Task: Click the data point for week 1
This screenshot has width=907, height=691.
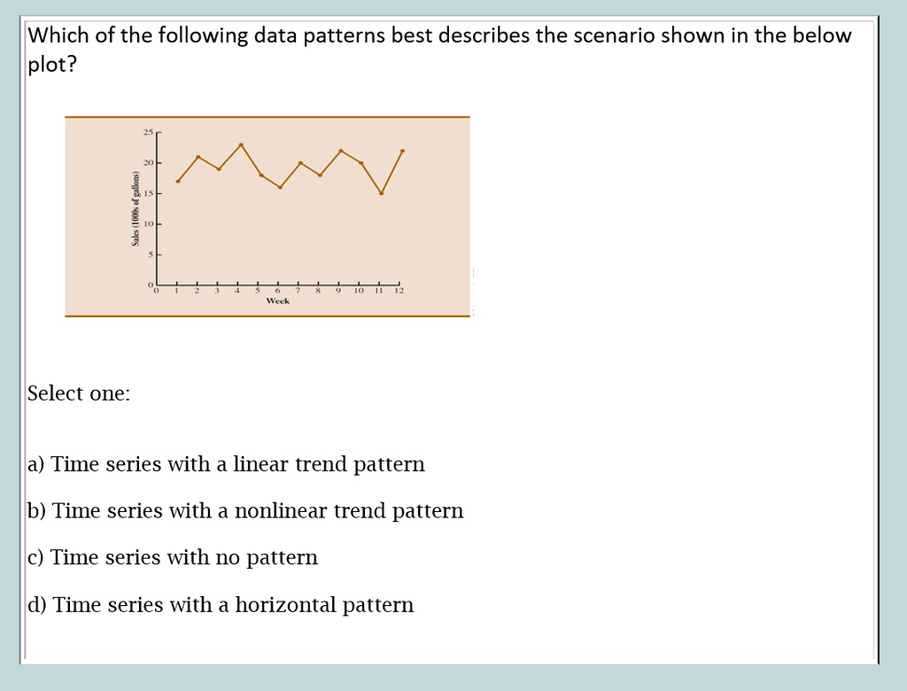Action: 178,182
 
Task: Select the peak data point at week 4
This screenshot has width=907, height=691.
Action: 241,144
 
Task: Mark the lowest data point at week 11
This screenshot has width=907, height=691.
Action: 382,193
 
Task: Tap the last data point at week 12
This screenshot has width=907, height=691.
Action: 403,151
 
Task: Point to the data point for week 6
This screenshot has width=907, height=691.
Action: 280,187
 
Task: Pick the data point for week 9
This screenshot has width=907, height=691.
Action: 342,151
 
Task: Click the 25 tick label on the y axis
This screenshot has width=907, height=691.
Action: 147,133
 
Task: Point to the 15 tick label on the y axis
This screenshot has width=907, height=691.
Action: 148,193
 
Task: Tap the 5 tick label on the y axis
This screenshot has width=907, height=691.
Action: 150,254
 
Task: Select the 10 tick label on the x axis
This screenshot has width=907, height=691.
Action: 359,291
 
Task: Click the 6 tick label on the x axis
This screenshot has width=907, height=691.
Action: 278,291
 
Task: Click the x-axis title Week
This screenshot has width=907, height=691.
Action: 277,301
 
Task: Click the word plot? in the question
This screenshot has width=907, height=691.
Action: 51,66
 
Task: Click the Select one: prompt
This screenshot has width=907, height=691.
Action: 79,393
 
